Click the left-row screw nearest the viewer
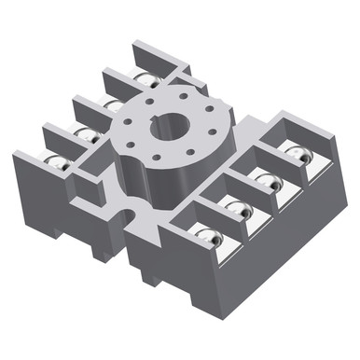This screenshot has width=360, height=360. point(56,161)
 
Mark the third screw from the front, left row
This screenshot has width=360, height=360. point(113,104)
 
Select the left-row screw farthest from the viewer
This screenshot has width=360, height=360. point(144,78)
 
